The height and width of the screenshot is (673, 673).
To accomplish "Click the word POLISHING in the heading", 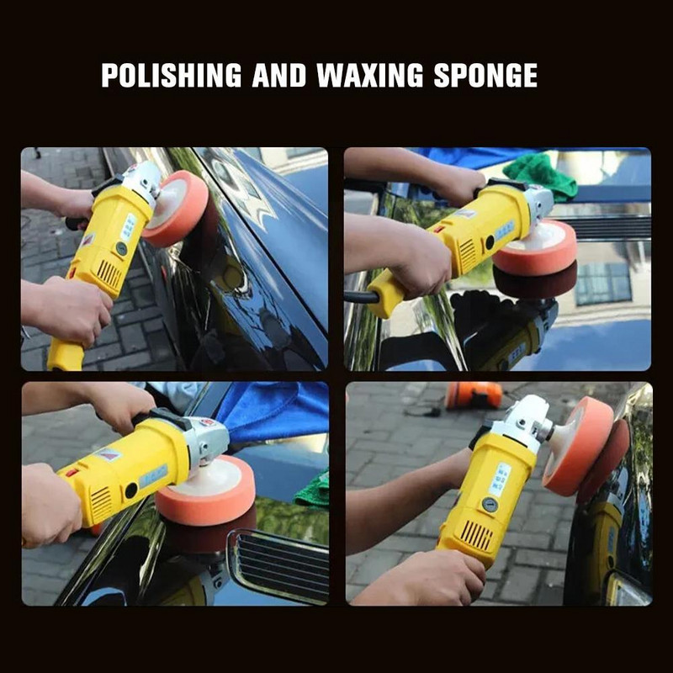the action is [172, 75].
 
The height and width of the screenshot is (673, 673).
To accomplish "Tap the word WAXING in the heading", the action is [370, 75].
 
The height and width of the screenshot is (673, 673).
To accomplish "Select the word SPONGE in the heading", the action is [485, 75].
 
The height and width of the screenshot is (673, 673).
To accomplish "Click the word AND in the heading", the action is [279, 75].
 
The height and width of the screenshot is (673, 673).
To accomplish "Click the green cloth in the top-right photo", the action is [541, 177].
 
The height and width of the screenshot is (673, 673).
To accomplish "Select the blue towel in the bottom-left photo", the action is [275, 412].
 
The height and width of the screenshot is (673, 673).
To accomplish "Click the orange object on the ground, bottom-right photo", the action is [474, 395].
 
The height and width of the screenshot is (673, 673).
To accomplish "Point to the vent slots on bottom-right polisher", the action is [477, 536].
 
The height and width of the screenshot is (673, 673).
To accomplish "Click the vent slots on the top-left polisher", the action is [109, 274].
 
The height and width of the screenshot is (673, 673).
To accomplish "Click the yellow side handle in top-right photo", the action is [385, 293].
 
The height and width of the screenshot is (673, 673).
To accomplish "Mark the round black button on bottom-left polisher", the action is [131, 490].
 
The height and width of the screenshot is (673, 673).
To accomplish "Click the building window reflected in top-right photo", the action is [603, 283].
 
